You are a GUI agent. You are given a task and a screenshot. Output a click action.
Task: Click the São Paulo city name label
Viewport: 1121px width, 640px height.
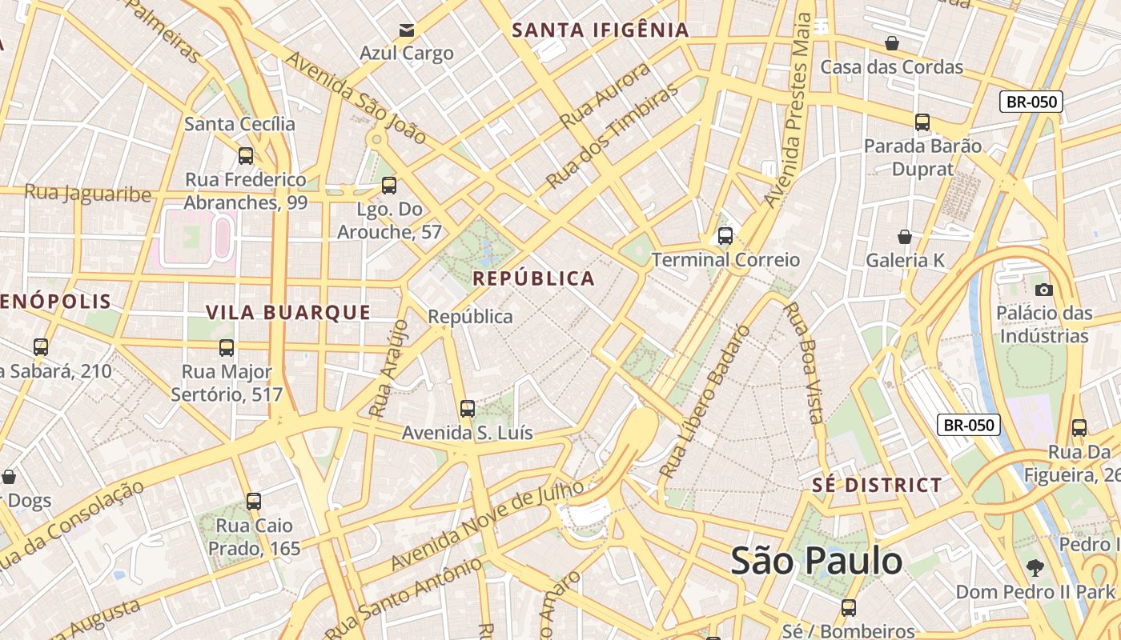pyautogui.click(x=816, y=561)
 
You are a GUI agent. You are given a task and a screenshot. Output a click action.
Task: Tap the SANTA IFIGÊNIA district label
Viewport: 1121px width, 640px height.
pyautogui.click(x=600, y=30)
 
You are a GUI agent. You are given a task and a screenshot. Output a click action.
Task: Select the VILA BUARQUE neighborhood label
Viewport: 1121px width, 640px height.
pyautogui.click(x=288, y=312)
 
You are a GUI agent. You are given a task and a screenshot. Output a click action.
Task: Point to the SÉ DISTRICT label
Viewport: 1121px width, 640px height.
pyautogui.click(x=877, y=485)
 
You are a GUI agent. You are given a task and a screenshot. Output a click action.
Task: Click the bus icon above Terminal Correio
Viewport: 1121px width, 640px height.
pyautogui.click(x=725, y=236)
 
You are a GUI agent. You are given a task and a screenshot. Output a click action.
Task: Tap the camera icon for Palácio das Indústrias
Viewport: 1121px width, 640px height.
pyautogui.click(x=1043, y=290)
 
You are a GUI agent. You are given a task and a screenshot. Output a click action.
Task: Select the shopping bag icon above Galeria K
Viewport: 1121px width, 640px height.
pyautogui.click(x=904, y=237)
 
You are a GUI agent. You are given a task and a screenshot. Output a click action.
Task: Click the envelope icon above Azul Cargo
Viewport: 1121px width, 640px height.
pyautogui.click(x=407, y=30)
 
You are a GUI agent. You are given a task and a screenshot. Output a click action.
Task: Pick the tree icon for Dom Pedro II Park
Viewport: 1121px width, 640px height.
pyautogui.click(x=1035, y=568)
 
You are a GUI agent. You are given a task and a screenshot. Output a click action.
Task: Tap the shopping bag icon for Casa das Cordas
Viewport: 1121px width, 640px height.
pyautogui.click(x=891, y=43)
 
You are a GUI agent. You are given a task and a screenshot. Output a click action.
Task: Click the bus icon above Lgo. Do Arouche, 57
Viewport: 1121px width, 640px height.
pyautogui.click(x=389, y=186)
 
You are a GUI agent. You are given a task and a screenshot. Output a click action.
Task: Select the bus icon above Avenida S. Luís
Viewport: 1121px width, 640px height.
pyautogui.click(x=468, y=409)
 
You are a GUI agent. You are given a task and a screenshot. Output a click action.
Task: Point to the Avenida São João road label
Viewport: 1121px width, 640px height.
pyautogui.click(x=356, y=98)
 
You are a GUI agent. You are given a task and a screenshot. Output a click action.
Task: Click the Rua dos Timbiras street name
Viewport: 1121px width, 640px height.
pyautogui.click(x=612, y=137)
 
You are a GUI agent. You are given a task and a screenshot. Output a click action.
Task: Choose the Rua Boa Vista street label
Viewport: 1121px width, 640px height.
pyautogui.click(x=802, y=362)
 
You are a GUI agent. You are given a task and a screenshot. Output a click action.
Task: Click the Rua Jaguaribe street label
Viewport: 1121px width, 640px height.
pyautogui.click(x=87, y=193)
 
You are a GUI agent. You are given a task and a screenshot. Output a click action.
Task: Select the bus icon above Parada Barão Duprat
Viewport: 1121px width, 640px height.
pyautogui.click(x=922, y=122)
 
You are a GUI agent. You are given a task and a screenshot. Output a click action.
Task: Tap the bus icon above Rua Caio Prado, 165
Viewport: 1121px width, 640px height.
pyautogui.click(x=254, y=502)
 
